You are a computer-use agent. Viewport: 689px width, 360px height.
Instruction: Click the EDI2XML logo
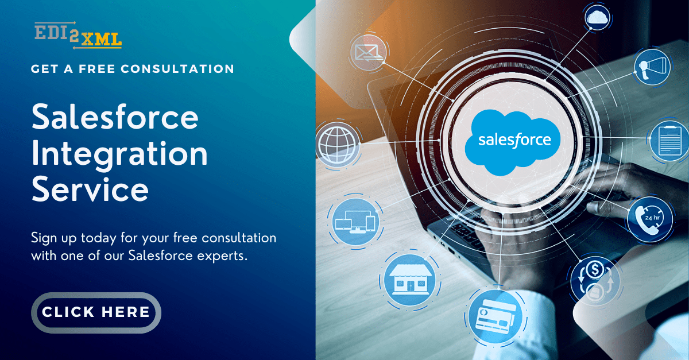78,36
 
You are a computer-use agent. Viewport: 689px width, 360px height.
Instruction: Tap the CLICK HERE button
96,312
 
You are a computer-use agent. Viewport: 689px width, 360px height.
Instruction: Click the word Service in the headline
90,189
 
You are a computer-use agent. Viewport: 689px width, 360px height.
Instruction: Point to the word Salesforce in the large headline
115,117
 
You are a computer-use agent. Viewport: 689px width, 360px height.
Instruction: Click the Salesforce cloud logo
513,142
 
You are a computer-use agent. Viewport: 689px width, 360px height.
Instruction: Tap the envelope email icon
369,52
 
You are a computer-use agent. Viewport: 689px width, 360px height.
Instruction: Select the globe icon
338,144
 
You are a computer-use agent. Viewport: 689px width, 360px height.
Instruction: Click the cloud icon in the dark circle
597,17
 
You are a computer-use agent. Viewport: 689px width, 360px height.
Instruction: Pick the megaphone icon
652,67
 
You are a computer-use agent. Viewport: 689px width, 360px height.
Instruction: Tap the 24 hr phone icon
649,219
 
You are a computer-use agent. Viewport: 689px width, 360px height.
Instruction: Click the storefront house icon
410,280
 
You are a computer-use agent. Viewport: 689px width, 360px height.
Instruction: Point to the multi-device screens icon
356,222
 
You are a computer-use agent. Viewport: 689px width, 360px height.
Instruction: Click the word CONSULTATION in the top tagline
177,69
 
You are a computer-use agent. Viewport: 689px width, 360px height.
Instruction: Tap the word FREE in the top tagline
97,69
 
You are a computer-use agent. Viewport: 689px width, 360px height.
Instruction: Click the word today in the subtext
99,238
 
